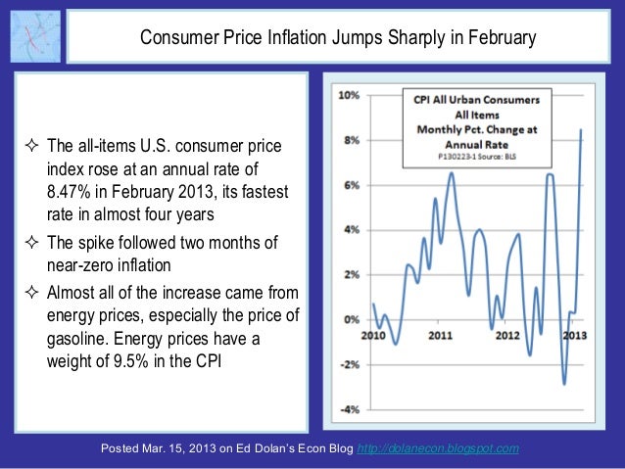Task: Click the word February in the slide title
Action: point(503,39)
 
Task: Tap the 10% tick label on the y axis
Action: point(348,96)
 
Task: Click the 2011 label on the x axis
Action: point(440,336)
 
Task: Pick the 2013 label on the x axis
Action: point(572,336)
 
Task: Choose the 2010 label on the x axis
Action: point(373,336)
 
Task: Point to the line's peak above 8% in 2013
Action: point(582,130)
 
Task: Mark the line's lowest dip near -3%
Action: point(563,383)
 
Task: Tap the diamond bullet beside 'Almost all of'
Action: point(30,292)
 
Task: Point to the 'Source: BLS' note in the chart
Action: point(501,155)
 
